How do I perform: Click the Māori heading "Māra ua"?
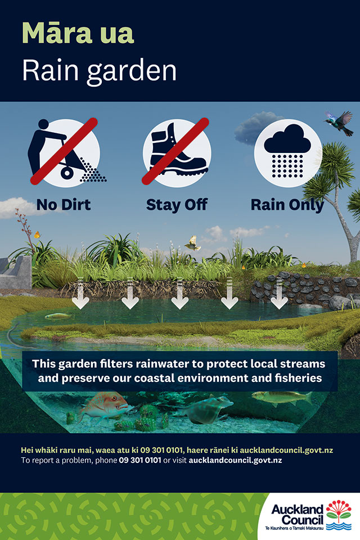pos(78,33)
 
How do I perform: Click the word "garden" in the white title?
pos(132,71)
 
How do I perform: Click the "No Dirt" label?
pos(64,205)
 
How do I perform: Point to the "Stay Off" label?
pos(177,205)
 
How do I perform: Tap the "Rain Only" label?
pos(287,205)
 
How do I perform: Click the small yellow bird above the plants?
pos(193,243)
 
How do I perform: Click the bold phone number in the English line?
pos(140,461)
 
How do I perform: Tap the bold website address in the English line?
pos(235,461)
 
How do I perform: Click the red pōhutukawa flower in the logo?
pos(339,507)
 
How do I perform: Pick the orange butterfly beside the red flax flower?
pos(37,235)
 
